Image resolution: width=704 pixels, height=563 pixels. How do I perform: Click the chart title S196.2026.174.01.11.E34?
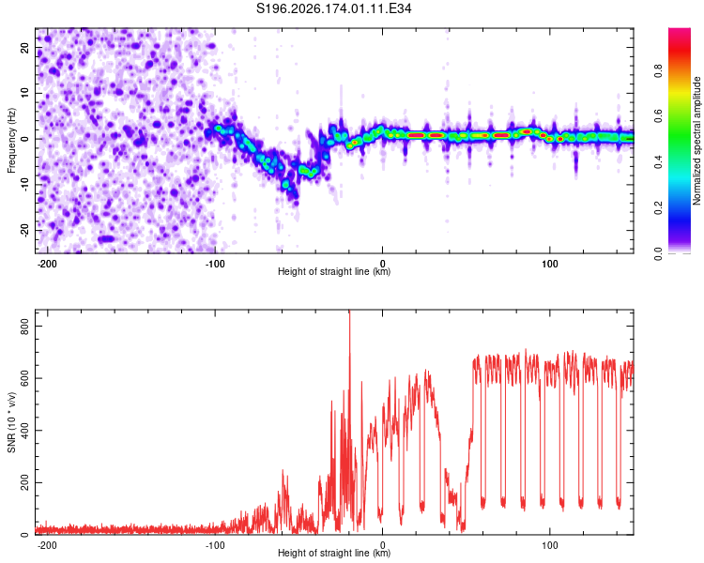tap(333, 8)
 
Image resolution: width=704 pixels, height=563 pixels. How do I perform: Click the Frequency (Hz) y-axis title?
tap(11, 141)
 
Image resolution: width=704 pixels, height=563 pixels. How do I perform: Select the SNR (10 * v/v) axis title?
tap(11, 422)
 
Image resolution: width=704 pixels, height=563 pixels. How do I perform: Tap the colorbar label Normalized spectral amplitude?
tap(696, 141)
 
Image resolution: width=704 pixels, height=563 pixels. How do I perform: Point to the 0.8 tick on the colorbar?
tap(659, 70)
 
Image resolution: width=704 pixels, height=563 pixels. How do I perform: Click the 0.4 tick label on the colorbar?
tap(659, 162)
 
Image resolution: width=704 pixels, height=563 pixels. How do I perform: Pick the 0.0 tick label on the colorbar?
tap(659, 253)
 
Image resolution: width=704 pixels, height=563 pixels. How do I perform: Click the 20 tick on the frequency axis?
tap(24, 48)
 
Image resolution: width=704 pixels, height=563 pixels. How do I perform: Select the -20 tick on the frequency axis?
tap(24, 230)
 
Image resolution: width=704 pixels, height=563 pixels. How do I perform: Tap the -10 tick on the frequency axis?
tap(24, 185)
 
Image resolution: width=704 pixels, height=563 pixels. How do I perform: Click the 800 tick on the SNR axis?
tap(24, 326)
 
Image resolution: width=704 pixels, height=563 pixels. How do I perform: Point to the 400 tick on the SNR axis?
tap(24, 430)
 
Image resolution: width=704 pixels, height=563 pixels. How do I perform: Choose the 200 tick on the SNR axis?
tap(24, 482)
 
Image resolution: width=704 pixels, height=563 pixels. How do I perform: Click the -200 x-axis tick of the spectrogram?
tap(46, 264)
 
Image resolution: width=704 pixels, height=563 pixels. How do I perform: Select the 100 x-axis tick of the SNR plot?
tap(549, 545)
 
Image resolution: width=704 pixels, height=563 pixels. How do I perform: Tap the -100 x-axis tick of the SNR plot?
tap(215, 545)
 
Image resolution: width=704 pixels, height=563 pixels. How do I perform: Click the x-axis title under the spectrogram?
tap(334, 271)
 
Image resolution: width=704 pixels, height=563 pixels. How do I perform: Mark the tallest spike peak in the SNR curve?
tap(350, 312)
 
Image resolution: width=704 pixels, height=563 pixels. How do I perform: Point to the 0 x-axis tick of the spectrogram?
tap(383, 264)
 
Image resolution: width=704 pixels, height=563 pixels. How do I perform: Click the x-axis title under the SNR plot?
tap(334, 553)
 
